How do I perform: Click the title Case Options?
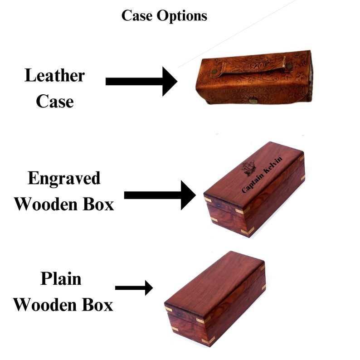tap(164, 16)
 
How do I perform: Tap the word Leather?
tap(54, 75)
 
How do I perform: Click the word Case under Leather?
tap(54, 101)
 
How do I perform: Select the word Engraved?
tap(64, 179)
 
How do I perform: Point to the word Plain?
tap(61, 278)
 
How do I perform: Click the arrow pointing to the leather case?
tap(141, 81)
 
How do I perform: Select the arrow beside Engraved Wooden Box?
tap(159, 195)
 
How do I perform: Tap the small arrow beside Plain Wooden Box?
tap(134, 287)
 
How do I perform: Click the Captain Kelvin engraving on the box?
tap(262, 175)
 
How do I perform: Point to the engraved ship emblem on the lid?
tap(248, 168)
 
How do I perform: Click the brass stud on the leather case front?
tap(253, 101)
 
